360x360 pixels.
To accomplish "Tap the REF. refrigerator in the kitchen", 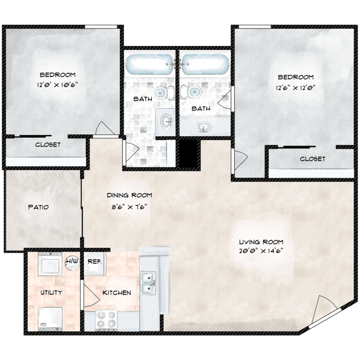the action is point(95,263).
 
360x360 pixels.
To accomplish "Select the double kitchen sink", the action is point(148,283).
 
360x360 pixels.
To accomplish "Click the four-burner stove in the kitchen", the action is point(106,320).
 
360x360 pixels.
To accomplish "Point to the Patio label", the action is point(38,207).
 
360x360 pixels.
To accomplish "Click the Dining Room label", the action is point(130,196).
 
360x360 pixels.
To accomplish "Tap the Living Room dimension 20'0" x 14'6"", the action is point(261,251).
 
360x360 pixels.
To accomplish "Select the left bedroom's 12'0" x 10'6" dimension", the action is point(58,85).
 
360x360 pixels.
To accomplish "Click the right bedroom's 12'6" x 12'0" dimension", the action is point(296,88).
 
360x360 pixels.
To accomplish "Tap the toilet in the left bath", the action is point(164,93).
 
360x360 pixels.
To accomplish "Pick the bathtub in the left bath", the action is point(149,64).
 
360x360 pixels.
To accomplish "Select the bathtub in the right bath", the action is point(205,64).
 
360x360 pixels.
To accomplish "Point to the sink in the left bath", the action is point(166,121).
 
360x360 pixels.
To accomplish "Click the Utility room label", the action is point(52,292).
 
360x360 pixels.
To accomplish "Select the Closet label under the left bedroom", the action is point(48,145).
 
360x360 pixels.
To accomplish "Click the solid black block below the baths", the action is point(188,153).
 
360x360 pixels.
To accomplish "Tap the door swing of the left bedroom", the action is point(105,128).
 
